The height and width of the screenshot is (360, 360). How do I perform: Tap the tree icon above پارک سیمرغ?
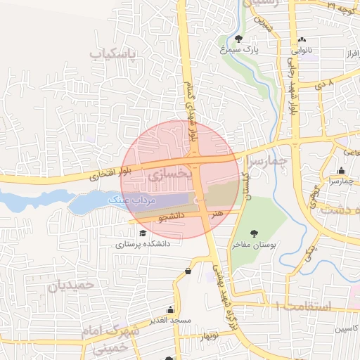point(239,39)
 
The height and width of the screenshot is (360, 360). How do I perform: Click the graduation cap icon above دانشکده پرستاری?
point(143,233)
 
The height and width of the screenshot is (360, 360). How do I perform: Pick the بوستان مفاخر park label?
point(255,245)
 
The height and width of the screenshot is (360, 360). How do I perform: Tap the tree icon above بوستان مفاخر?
point(255,233)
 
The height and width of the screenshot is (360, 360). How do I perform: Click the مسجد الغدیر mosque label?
point(169,321)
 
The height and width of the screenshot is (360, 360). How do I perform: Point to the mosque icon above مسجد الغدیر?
point(169,309)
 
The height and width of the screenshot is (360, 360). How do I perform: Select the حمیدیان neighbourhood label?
point(71,285)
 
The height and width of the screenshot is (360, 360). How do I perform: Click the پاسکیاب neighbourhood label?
point(116,53)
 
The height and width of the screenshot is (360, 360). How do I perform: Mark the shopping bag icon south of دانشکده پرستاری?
point(188,271)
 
